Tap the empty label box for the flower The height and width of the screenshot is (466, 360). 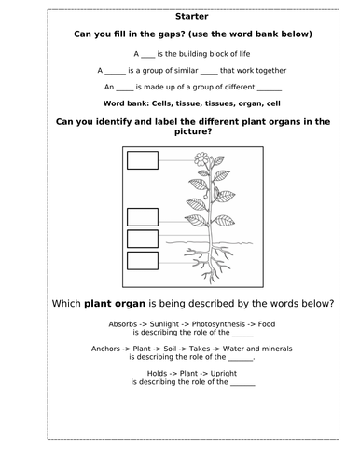143,160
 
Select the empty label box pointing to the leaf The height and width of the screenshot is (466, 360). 143,218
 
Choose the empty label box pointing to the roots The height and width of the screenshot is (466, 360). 143,262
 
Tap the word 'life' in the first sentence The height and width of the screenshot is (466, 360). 242,54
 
